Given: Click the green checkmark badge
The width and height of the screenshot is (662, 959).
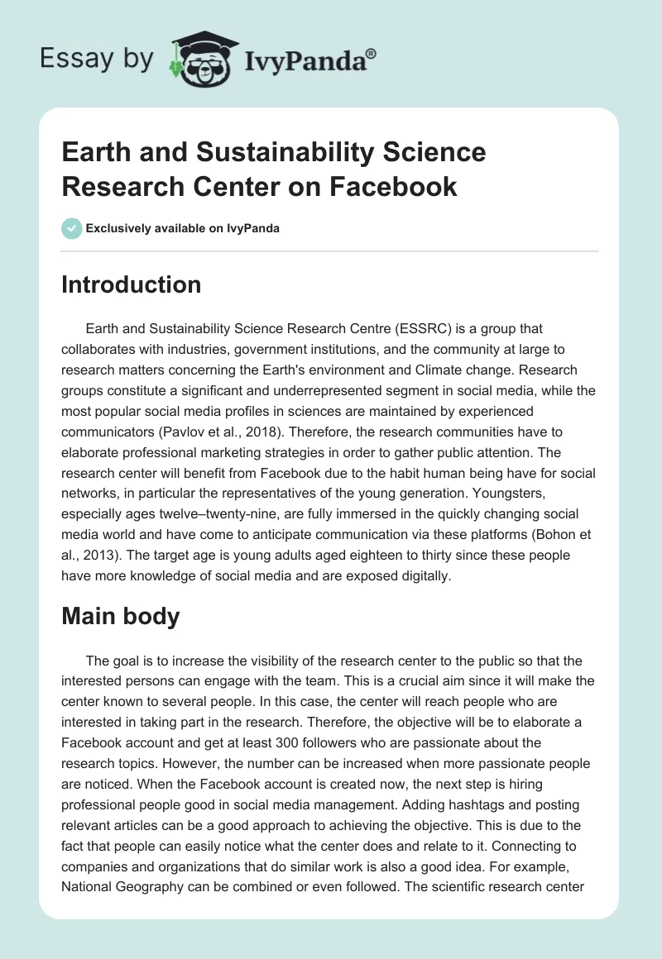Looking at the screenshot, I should coord(72,228).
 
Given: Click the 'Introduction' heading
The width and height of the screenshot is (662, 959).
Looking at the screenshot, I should coord(132,284).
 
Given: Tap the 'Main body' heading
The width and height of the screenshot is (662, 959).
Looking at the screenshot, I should coord(121,616).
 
